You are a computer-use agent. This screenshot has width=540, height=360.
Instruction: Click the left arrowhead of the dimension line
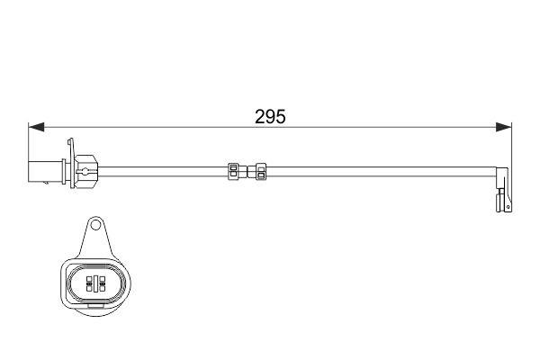pos(35,127)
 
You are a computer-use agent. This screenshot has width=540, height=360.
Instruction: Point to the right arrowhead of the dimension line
pos(506,127)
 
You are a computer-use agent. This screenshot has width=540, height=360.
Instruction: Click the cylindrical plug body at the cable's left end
pos(46,168)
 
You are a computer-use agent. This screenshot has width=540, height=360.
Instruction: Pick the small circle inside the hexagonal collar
pos(85,167)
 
